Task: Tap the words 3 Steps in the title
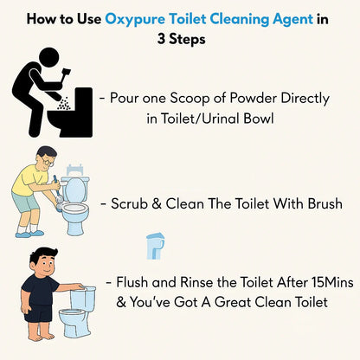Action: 179,40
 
